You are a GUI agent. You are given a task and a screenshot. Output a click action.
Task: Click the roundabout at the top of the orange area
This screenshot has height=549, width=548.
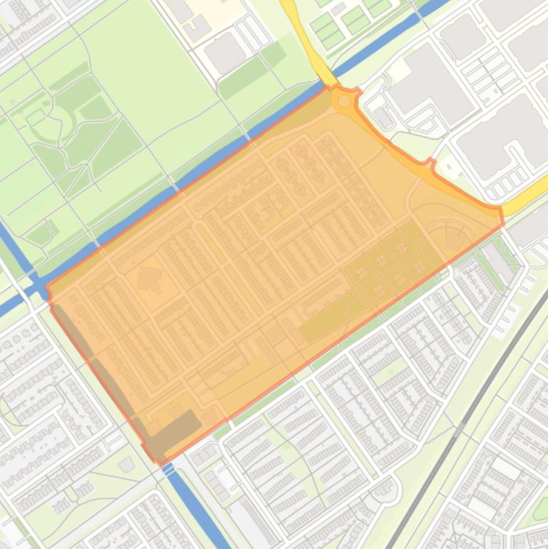coord(345,101)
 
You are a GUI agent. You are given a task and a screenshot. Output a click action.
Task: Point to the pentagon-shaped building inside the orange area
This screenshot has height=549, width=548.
coord(149,277)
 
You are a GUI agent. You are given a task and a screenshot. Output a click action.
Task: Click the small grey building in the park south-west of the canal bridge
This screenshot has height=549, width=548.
coord(127,465)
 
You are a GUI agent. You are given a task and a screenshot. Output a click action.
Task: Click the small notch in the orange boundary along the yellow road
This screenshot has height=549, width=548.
coord(429,163)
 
